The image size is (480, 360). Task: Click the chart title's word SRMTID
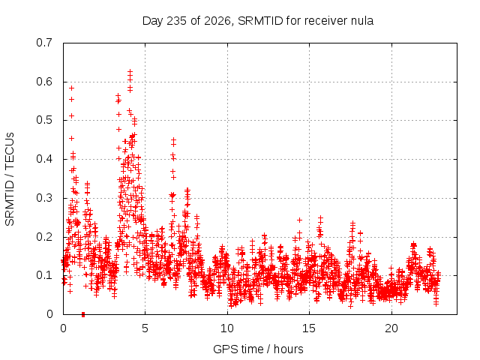[x=260, y=21]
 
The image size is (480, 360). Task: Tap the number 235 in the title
[x=177, y=21]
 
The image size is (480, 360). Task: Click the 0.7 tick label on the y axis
[x=44, y=43]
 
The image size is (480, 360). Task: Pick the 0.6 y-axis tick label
[x=44, y=82]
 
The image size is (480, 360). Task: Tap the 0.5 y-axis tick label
[x=44, y=120]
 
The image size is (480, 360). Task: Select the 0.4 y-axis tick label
[x=44, y=159]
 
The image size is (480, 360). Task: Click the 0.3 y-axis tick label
[x=44, y=198]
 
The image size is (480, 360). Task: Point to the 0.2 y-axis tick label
[x=44, y=237]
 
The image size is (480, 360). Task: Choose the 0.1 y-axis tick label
[x=44, y=275]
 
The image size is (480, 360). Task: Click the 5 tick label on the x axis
[x=145, y=328]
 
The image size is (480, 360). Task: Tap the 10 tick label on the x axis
[x=227, y=328]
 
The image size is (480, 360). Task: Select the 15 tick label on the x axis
[x=309, y=328]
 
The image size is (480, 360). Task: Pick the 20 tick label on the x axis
[x=391, y=328]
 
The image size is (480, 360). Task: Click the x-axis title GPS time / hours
[x=258, y=349]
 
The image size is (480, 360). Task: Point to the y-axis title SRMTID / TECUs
[x=10, y=179]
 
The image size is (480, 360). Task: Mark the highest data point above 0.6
[x=130, y=72]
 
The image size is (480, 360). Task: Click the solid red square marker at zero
[x=83, y=314]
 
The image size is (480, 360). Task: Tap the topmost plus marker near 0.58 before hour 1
[x=72, y=88]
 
